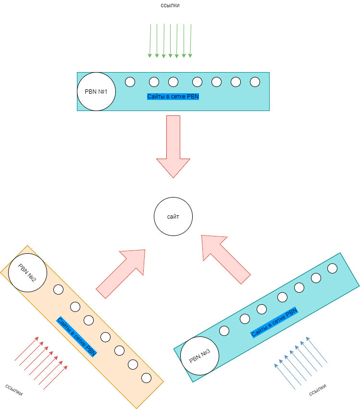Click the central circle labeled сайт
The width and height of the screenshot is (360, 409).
[173, 217]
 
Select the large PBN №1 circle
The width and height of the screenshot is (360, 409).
[97, 91]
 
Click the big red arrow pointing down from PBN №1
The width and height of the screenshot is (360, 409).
[173, 147]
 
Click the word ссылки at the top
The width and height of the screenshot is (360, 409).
[170, 6]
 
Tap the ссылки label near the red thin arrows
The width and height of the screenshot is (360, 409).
[14, 389]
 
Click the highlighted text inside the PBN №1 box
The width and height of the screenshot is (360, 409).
[173, 97]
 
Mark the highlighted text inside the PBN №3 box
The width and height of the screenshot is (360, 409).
[274, 323]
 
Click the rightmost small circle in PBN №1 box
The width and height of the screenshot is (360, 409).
[255, 82]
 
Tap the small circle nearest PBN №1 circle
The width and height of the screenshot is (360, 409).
[130, 82]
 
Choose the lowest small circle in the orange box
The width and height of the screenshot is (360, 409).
[147, 378]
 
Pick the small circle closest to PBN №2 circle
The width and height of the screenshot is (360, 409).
[58, 289]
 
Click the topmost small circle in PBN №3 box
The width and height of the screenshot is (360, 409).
[332, 268]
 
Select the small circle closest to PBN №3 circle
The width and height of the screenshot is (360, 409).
[224, 330]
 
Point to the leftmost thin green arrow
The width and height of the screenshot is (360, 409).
[150, 41]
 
